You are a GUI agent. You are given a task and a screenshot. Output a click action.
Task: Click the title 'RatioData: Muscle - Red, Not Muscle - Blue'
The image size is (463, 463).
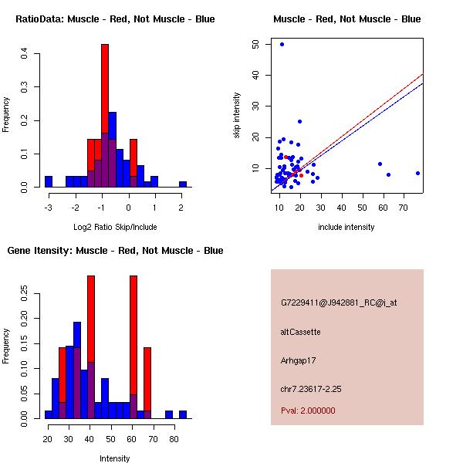click(115, 19)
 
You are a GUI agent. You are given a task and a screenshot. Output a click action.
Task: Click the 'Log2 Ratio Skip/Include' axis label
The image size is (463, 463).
click(115, 227)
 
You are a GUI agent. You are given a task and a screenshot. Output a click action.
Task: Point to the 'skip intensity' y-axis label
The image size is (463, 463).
click(237, 116)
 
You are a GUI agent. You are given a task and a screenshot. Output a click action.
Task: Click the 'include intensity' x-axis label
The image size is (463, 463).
click(346, 227)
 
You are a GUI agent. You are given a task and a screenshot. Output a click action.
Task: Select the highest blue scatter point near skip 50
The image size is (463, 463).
click(282, 44)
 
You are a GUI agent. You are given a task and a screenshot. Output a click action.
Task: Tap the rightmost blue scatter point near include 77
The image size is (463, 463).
click(417, 174)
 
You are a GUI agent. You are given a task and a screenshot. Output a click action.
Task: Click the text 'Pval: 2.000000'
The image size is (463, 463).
click(308, 411)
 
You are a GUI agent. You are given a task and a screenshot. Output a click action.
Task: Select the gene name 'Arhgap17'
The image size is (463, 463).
click(299, 360)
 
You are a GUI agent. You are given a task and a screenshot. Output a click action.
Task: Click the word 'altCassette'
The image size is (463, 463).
click(300, 332)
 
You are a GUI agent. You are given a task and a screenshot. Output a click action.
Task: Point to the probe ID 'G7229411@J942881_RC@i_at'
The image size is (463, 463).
click(339, 303)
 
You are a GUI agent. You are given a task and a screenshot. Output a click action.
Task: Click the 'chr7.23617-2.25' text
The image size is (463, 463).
click(311, 388)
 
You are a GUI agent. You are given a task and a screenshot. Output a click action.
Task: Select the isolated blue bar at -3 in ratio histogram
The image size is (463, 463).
click(48, 182)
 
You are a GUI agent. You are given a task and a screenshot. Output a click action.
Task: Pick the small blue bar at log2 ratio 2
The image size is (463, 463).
click(183, 184)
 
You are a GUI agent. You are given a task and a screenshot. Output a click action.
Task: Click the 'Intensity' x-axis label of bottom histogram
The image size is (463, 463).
click(115, 458)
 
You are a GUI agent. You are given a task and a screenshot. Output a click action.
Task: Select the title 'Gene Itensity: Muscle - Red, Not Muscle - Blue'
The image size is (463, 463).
click(115, 251)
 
